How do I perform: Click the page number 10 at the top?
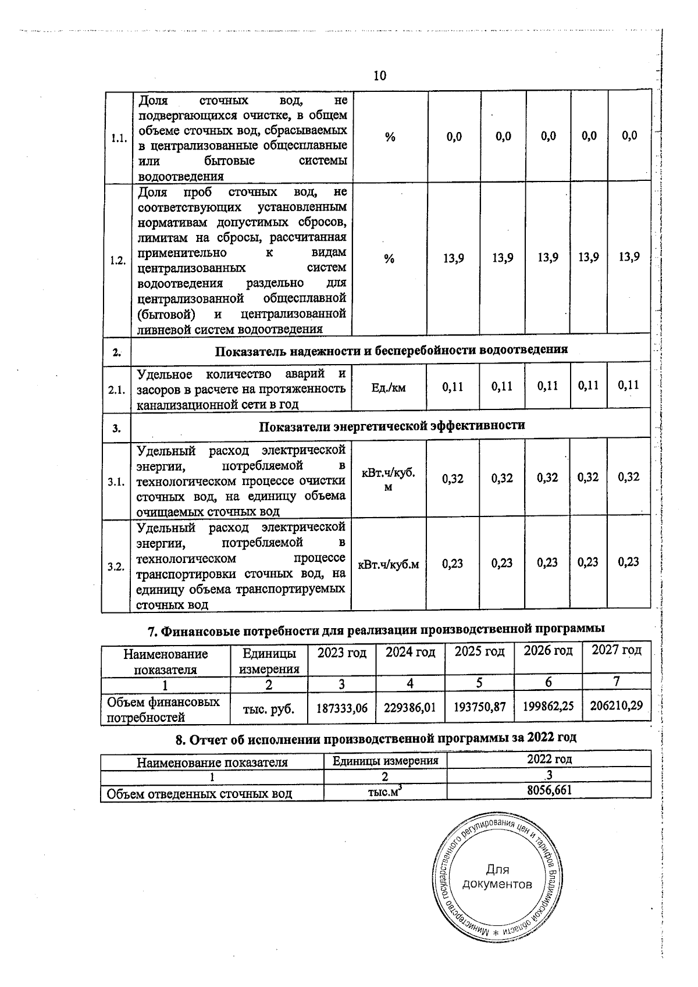point(379,76)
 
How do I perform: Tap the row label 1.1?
point(119,138)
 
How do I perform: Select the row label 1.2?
point(118,261)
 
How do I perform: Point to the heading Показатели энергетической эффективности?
point(391,426)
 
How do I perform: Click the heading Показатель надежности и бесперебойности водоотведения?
point(391,350)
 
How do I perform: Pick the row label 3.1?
point(116,482)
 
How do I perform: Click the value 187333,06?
point(342,708)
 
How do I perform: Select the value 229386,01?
point(410,708)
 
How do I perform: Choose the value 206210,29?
point(616,706)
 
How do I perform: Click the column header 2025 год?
point(479,652)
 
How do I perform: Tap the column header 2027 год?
point(616,650)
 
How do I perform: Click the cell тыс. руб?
point(269,709)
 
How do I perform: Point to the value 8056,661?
point(549,790)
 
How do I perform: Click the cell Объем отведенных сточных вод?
point(200,793)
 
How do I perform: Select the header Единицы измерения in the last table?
point(385,761)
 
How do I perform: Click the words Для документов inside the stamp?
point(496,878)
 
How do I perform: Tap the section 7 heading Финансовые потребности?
point(374,630)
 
